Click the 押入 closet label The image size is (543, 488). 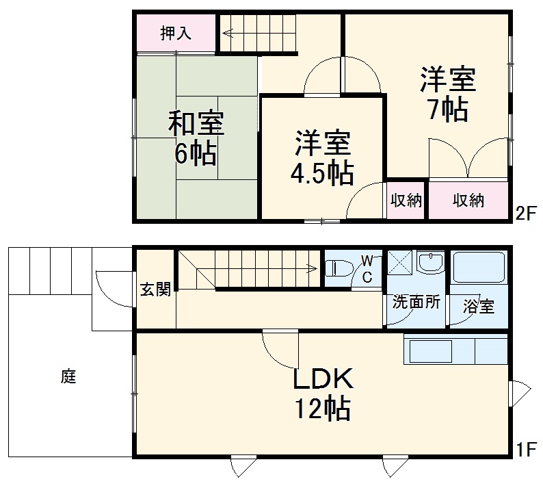(176, 32)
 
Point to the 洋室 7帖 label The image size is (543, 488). (448, 94)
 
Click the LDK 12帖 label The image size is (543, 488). (323, 393)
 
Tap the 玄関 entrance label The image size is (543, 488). (155, 290)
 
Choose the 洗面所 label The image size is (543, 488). (416, 301)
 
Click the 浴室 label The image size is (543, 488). (478, 307)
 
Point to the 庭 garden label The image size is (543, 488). (68, 376)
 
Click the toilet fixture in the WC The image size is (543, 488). (339, 268)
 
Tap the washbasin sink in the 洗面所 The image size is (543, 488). (431, 262)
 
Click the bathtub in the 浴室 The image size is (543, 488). (479, 268)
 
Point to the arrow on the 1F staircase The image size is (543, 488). (311, 268)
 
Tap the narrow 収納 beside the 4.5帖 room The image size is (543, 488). (406, 201)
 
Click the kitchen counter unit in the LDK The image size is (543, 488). (455, 350)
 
